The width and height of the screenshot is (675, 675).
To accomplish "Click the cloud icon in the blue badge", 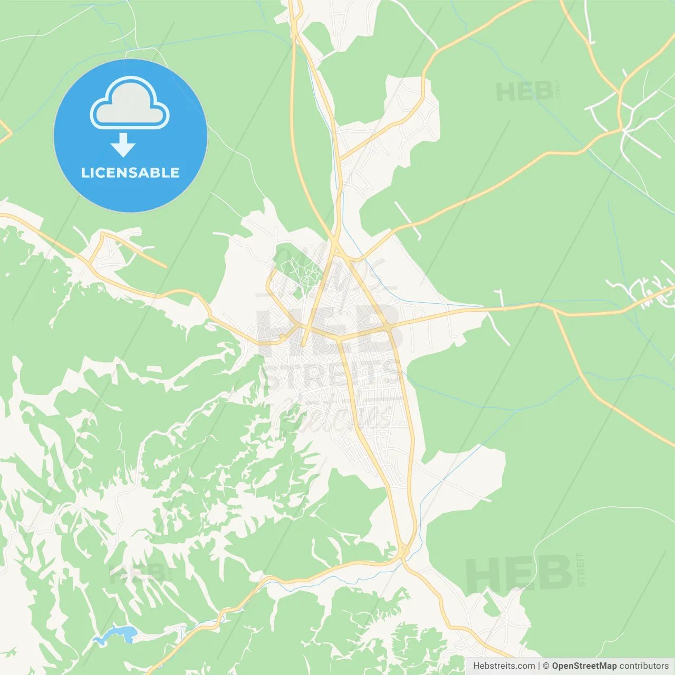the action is point(130,103).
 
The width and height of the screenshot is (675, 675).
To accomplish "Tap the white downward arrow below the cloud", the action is point(123,145).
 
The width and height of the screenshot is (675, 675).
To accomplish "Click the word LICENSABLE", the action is point(130,172).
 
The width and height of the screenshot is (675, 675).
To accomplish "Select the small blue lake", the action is point(117,634).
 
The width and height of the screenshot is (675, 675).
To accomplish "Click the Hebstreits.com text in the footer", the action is point(504,666).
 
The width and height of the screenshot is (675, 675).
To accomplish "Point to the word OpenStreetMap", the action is point(584,666).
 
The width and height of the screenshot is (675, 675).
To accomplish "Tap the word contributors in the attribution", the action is point(643,666).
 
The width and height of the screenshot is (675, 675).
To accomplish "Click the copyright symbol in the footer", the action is point(546,666).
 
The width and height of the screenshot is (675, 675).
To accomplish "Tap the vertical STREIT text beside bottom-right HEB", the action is point(581,570).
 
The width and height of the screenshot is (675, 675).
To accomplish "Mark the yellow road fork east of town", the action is point(554,311).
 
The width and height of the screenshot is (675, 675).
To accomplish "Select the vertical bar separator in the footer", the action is point(539,666).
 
